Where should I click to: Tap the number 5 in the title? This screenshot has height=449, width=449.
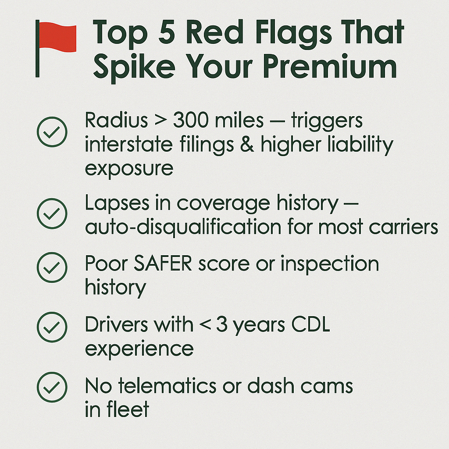pos(167,32)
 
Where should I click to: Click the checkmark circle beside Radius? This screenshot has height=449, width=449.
pos(52,132)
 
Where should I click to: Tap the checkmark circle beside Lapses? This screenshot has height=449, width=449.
pos(52,214)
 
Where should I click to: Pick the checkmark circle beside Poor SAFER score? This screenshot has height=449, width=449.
pos(52,267)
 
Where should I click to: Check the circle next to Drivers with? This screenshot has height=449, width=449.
pos(52,327)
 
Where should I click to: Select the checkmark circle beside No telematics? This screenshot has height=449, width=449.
pos(52,387)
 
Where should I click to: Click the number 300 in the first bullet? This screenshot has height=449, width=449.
pos(191,120)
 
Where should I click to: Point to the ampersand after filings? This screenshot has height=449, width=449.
pos(247,144)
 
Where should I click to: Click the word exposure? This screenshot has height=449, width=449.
pos(129,168)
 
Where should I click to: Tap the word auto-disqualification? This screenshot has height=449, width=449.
pos(183,228)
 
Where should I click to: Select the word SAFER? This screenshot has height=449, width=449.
pos(163,264)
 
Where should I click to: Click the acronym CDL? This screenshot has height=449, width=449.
pos(311,324)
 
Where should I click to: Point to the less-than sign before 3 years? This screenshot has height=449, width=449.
pos(205,325)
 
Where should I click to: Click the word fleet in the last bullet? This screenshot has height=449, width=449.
pos(128,409)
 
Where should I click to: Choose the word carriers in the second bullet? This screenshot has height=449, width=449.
pos(403,228)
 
